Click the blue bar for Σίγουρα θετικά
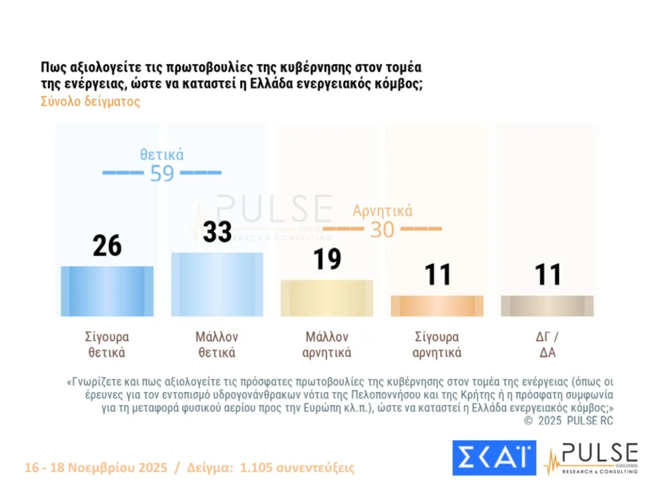coord(107,291)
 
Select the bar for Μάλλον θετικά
coord(217,284)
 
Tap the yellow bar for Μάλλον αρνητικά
coord(327,298)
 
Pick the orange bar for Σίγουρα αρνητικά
coord(437,306)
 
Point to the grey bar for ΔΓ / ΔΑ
coord(547,306)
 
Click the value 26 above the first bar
coord(107,246)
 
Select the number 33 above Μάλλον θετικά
coord(217,232)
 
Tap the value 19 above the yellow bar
coord(327,259)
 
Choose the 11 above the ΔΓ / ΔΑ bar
coord(547,275)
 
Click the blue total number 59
coord(162,173)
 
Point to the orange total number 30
coord(382,229)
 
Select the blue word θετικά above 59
coord(162,154)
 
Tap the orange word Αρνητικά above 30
coord(383,211)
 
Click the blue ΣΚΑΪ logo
coord(494,458)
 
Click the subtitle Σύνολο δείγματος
coord(90,102)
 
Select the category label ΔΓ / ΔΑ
coord(547,344)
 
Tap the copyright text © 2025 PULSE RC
coord(569,421)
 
